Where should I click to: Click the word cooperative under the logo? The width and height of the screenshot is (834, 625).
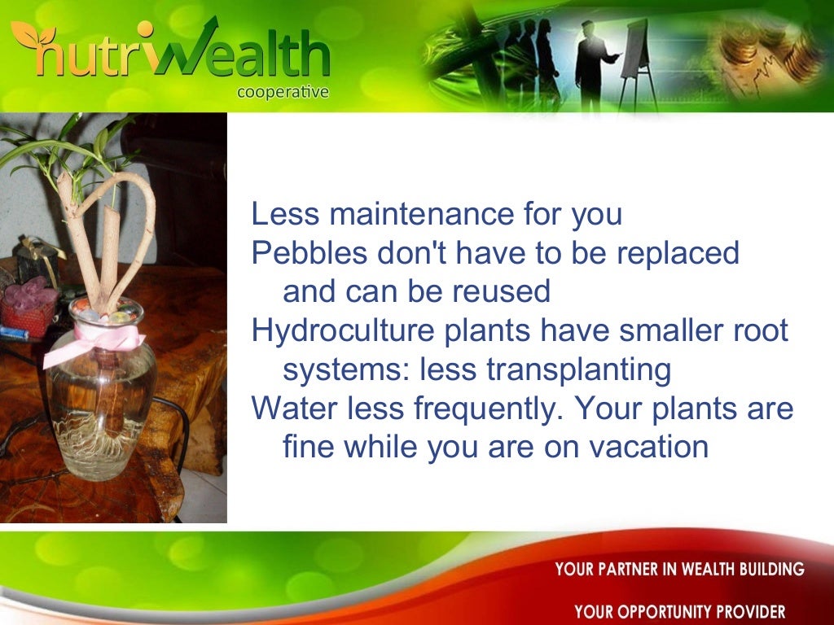point(283,92)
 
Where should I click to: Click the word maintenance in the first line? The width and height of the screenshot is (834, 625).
point(410,214)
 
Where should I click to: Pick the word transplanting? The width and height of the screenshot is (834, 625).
point(578,369)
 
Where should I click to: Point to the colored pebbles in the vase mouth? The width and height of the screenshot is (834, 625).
point(106,313)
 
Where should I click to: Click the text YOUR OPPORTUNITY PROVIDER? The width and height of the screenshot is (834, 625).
point(679,611)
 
